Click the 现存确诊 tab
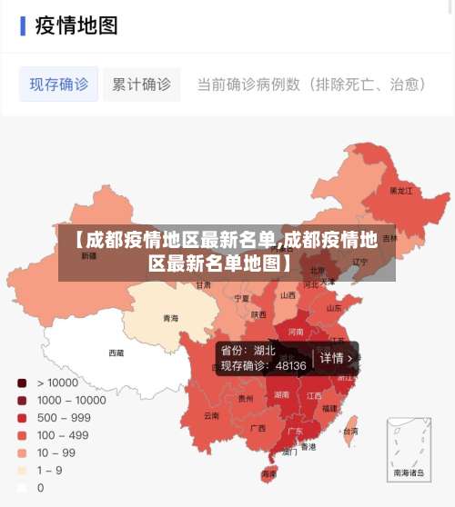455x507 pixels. pyautogui.click(x=59, y=84)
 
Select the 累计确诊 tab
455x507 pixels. pyautogui.click(x=141, y=84)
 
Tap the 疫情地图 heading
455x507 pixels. pyautogui.click(x=76, y=25)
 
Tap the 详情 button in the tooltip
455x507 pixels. pyautogui.click(x=336, y=358)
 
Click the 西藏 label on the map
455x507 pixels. pyautogui.click(x=116, y=353)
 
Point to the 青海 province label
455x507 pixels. pyautogui.click(x=170, y=318)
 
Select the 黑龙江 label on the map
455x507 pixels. pyautogui.click(x=400, y=191)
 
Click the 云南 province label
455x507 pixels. pyautogui.click(x=211, y=415)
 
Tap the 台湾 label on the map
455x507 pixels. pyautogui.click(x=349, y=432)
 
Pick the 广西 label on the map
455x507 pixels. pyautogui.click(x=258, y=427)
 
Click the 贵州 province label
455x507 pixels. pyautogui.click(x=246, y=398)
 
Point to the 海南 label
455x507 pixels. pyautogui.click(x=268, y=473)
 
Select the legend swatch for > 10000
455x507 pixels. pyautogui.click(x=21, y=383)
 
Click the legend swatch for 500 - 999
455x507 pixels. pyautogui.click(x=21, y=417)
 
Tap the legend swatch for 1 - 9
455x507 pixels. pyautogui.click(x=21, y=470)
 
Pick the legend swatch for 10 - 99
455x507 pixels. pyautogui.click(x=21, y=452)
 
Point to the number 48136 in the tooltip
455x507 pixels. pyautogui.click(x=290, y=366)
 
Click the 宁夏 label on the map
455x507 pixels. pyautogui.click(x=241, y=297)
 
